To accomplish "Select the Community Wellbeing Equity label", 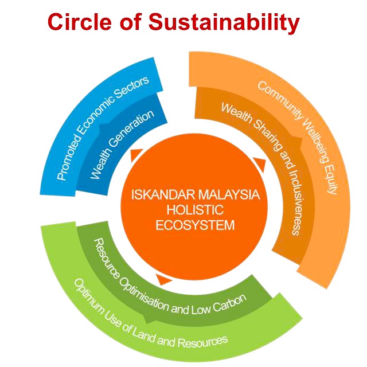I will pos(298,138).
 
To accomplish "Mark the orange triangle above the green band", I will pos(164,279).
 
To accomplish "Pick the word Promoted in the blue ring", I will pos(68,160).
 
